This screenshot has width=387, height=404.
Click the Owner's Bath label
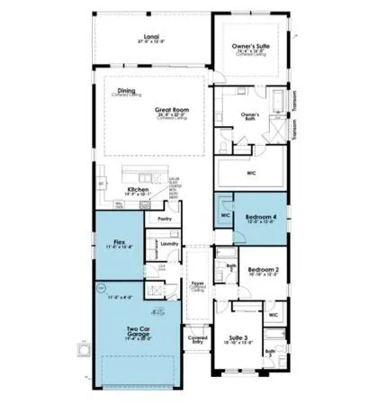251,115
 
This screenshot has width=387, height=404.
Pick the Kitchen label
138,189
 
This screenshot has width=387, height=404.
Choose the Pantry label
164,219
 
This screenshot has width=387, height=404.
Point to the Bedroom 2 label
264,269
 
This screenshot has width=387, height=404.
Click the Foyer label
197,283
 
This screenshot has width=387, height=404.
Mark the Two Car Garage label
138,330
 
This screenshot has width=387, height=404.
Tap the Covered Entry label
197,340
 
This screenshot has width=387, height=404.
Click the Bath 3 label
272,353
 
